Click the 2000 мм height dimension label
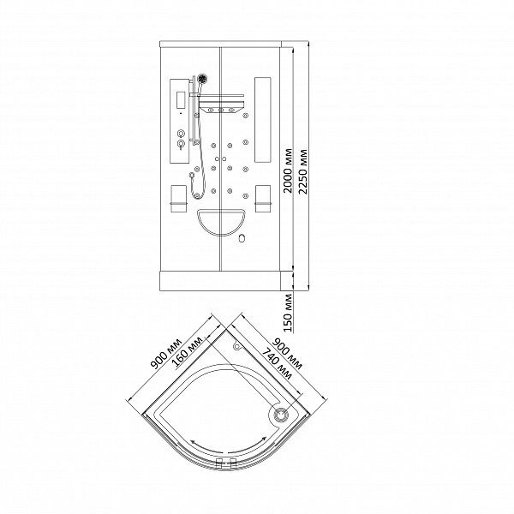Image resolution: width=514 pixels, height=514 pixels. [288, 170]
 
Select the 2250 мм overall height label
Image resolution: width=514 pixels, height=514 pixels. [303, 172]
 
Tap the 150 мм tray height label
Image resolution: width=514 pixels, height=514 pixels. [288, 313]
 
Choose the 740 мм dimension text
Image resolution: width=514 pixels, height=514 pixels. [278, 363]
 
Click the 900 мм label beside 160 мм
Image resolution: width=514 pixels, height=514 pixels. [166, 353]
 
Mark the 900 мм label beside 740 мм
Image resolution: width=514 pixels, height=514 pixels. [288, 354]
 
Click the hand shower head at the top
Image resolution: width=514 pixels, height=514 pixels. [202, 79]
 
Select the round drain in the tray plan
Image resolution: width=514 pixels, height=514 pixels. [281, 415]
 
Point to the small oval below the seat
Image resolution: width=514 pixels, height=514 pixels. [242, 238]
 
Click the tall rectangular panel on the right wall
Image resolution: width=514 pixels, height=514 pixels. [263, 120]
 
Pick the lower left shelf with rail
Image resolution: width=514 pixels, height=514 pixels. [179, 199]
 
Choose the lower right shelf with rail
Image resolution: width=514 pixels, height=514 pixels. [263, 199]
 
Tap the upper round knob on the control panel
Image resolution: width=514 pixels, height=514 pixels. [181, 134]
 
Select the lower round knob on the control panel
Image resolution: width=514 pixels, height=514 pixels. [181, 144]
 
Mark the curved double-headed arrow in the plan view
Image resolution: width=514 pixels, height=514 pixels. [229, 448]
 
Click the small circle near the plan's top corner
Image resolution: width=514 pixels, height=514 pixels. [236, 345]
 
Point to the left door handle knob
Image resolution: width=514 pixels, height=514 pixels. [217, 159]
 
